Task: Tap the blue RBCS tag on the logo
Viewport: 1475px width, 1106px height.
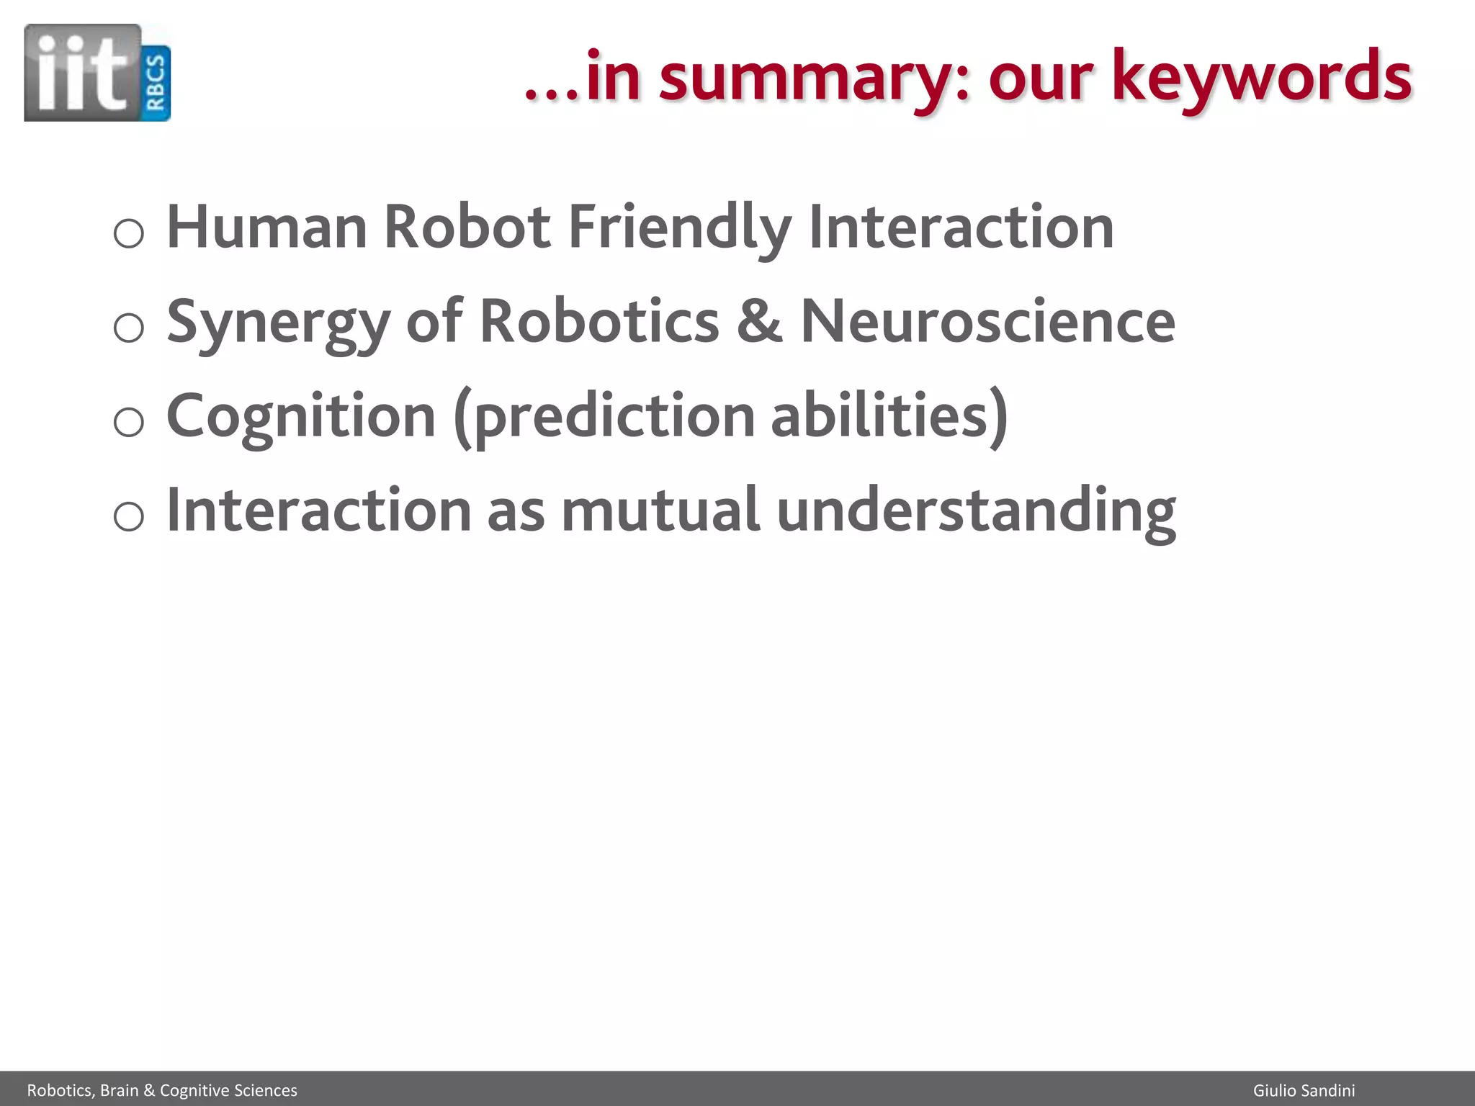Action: (156, 83)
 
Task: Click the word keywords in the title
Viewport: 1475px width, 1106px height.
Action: (1261, 77)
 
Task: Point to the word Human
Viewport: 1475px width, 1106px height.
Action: (267, 227)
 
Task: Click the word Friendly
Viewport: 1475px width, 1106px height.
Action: (680, 227)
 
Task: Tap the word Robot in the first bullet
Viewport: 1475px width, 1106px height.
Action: (467, 227)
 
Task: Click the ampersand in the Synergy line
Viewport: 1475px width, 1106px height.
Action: (759, 322)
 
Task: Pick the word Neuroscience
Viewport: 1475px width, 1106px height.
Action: (988, 322)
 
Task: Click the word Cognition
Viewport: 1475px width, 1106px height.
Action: (301, 416)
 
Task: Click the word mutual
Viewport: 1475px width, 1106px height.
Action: (660, 511)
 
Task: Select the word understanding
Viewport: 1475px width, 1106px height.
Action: (977, 512)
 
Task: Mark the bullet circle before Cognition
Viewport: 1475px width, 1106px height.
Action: (129, 421)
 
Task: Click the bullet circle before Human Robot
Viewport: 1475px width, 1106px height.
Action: (129, 233)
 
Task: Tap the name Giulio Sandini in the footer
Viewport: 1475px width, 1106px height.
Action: (1304, 1090)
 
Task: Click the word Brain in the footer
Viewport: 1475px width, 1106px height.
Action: (120, 1090)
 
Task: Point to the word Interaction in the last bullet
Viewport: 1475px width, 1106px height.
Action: (318, 511)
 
